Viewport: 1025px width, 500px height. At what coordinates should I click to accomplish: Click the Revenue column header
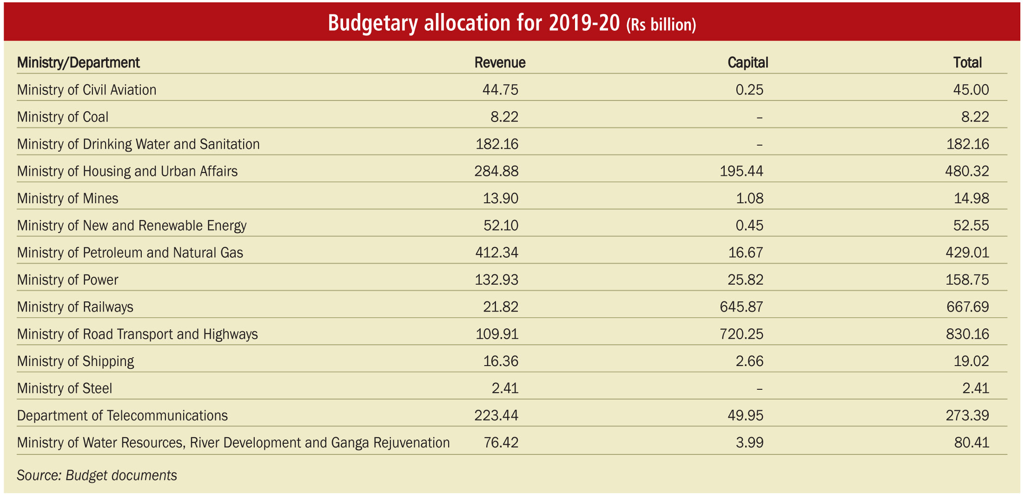click(x=500, y=62)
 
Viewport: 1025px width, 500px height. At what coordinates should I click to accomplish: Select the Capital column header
click(x=747, y=62)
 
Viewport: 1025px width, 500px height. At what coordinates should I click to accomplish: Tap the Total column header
click(x=967, y=62)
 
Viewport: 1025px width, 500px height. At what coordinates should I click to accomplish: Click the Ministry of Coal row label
click(x=63, y=117)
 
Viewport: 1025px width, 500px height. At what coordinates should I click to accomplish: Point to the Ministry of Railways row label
click(x=75, y=307)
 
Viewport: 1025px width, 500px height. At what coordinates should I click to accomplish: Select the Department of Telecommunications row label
click(x=122, y=415)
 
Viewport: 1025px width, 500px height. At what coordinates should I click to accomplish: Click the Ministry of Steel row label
click(x=65, y=388)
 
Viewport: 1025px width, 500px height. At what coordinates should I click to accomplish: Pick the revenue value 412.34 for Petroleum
click(x=496, y=253)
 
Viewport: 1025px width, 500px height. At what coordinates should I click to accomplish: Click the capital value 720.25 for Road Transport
click(x=741, y=334)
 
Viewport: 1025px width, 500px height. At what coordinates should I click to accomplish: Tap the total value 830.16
click(x=967, y=334)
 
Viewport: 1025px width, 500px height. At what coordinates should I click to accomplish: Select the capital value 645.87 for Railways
click(x=741, y=307)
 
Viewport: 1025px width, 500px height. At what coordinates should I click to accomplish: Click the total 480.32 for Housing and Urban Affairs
click(x=967, y=171)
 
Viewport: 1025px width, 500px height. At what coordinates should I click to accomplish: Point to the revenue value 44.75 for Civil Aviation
click(x=500, y=90)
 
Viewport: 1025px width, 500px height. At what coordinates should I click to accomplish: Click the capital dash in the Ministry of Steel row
click(x=759, y=389)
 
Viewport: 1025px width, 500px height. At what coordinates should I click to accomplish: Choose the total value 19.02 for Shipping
click(x=971, y=361)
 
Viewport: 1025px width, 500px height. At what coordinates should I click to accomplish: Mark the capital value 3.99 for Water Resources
click(x=749, y=443)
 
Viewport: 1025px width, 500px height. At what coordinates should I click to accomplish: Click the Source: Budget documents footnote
click(x=97, y=475)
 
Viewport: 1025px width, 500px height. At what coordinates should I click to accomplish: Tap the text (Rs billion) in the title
click(x=661, y=25)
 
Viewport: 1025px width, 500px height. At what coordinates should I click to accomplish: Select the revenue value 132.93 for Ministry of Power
click(x=496, y=280)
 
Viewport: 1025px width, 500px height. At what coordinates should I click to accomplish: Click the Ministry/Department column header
click(x=78, y=63)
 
